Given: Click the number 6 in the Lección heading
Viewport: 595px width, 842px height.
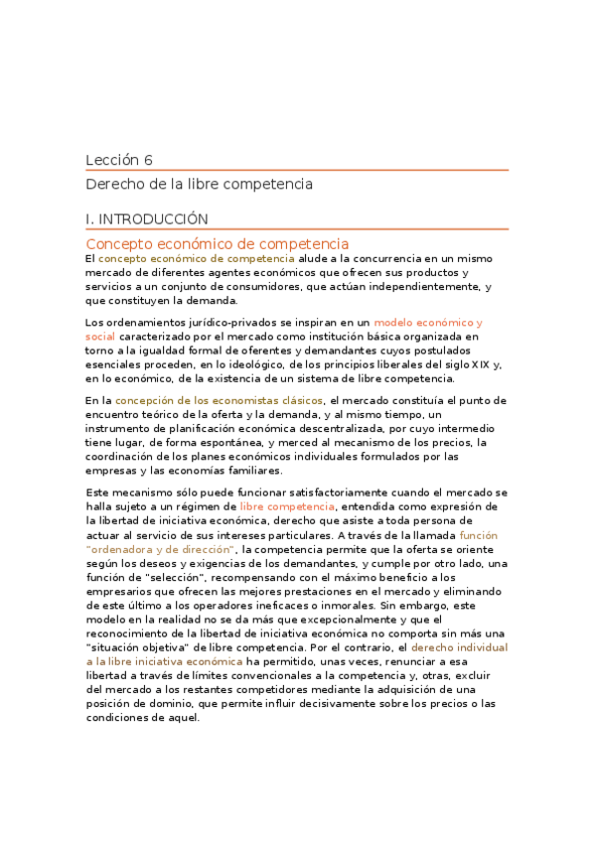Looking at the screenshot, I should coord(148,160).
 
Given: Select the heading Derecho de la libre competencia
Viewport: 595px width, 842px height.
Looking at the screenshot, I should coord(199,184).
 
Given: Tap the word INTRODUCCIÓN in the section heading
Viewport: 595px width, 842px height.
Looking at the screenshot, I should coord(154,218).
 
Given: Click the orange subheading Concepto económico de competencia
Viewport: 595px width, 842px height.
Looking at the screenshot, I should coord(217,243).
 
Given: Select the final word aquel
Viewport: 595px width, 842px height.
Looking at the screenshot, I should coord(181,718).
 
